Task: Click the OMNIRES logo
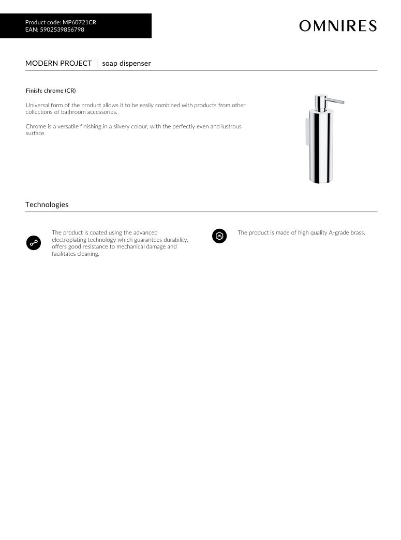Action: tap(338, 26)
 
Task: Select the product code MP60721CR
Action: tap(79, 22)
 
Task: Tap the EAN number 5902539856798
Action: tap(62, 30)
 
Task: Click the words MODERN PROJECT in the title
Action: tap(58, 63)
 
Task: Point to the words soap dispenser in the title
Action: tap(126, 63)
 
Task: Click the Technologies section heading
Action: tap(47, 205)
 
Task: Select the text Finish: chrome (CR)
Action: tap(51, 91)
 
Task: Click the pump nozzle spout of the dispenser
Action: tap(336, 101)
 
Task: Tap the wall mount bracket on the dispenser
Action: tap(307, 132)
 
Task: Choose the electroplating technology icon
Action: tap(34, 242)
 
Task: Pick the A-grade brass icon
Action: tap(219, 236)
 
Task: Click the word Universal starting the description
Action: tap(38, 105)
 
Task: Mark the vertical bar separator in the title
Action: tap(97, 63)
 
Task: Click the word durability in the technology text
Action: tap(174, 240)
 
